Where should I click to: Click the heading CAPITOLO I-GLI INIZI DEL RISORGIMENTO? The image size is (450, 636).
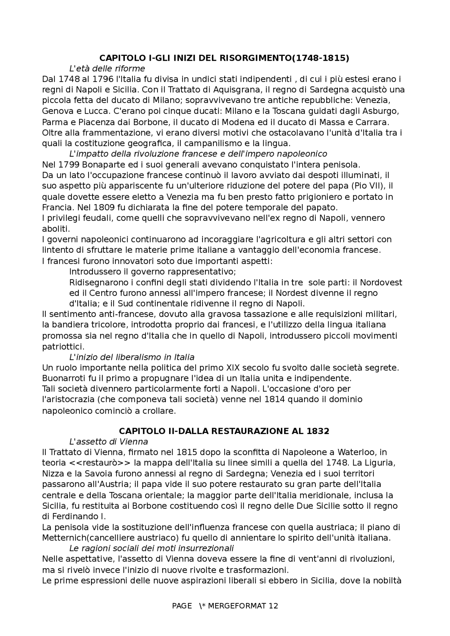tap(224, 58)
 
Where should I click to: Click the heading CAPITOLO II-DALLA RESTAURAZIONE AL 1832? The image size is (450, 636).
tap(224, 431)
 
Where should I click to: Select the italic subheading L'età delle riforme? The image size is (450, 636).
tap(107, 68)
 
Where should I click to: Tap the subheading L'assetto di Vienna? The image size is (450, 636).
tap(109, 441)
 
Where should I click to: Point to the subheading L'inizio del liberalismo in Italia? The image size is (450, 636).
tap(132, 357)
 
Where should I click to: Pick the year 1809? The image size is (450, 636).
tap(95, 207)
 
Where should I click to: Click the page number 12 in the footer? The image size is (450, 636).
tap(273, 606)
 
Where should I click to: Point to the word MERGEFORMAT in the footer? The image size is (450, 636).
tap(237, 606)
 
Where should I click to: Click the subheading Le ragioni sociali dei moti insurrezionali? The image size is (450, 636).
tap(152, 549)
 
